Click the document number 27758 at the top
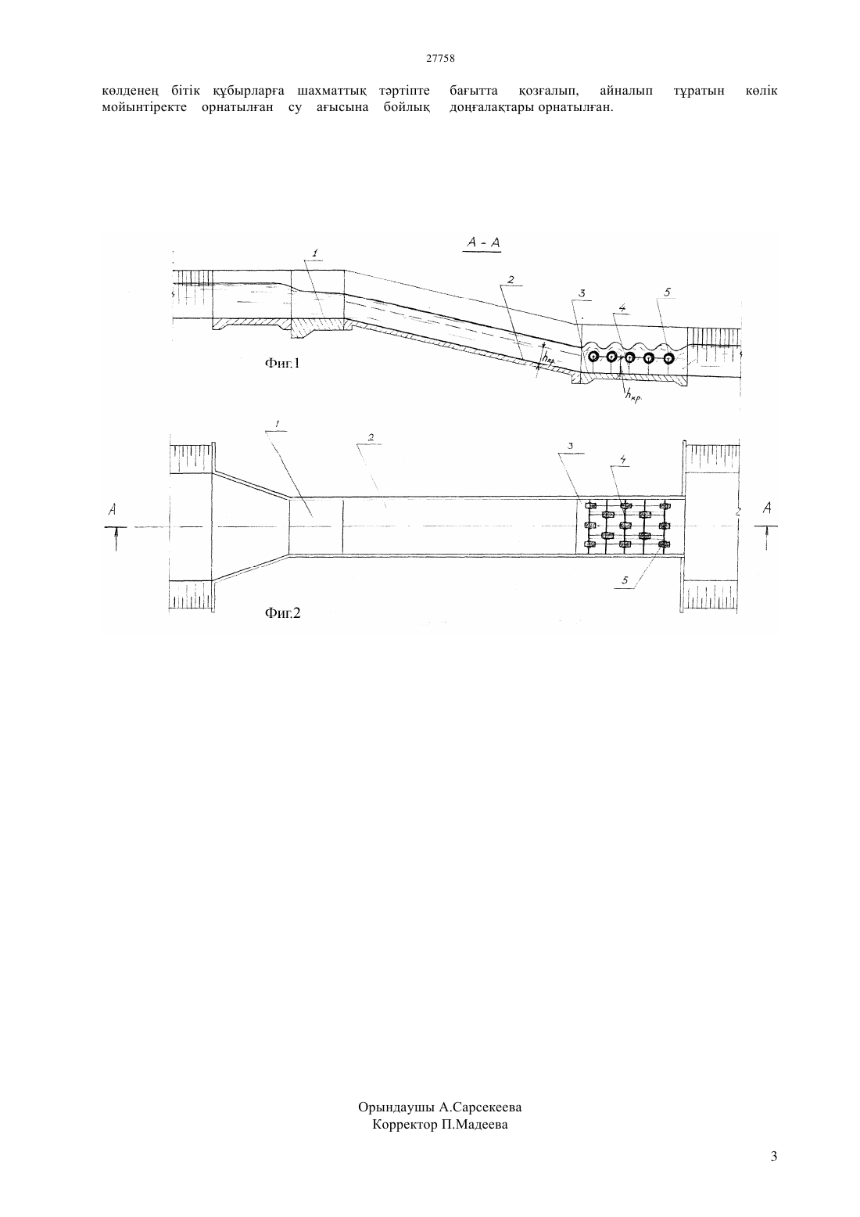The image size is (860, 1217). pyautogui.click(x=440, y=59)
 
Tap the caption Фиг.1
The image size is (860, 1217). pyautogui.click(x=282, y=363)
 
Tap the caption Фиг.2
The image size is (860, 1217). pyautogui.click(x=282, y=613)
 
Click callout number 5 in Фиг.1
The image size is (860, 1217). pyautogui.click(x=667, y=293)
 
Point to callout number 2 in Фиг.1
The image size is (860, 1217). pyautogui.click(x=511, y=280)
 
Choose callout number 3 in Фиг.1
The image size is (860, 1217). pyautogui.click(x=582, y=294)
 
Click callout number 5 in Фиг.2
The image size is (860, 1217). pyautogui.click(x=625, y=580)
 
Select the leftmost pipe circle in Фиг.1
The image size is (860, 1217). pyautogui.click(x=593, y=357)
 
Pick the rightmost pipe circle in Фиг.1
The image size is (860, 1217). pyautogui.click(x=668, y=357)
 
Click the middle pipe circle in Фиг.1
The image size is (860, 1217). pyautogui.click(x=630, y=357)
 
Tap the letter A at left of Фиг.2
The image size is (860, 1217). pyautogui.click(x=113, y=509)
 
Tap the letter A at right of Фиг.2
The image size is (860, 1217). pyautogui.click(x=767, y=508)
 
